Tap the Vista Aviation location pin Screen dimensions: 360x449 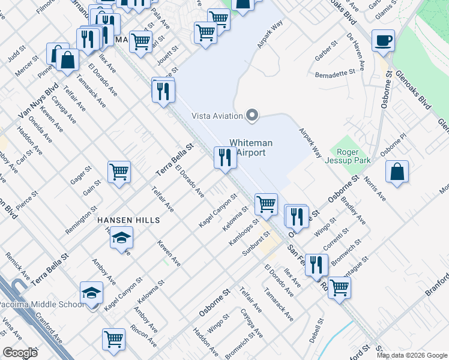[x=253, y=115]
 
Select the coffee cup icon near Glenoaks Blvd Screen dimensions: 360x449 [x=383, y=41]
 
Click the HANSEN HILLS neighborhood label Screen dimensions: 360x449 [x=129, y=220]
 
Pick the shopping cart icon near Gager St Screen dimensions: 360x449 [x=119, y=172]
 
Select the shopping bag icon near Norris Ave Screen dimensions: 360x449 [x=397, y=172]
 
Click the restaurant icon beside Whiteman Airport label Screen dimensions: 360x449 [x=225, y=158]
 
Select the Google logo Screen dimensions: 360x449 [x=20, y=353]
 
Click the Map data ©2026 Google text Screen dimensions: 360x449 [x=412, y=355]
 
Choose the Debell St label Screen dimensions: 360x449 [x=316, y=329]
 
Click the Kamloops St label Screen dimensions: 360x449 [x=244, y=232]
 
